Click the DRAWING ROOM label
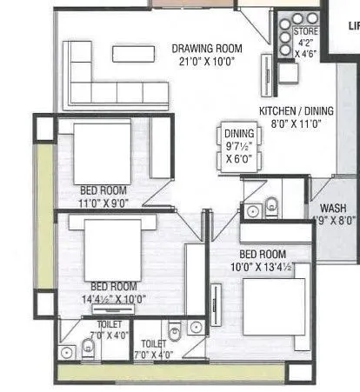point(207,49)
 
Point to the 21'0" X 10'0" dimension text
point(207,63)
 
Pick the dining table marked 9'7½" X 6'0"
point(240,146)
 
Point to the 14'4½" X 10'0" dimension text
point(113,299)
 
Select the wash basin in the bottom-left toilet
point(68,352)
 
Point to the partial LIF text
point(353,27)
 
